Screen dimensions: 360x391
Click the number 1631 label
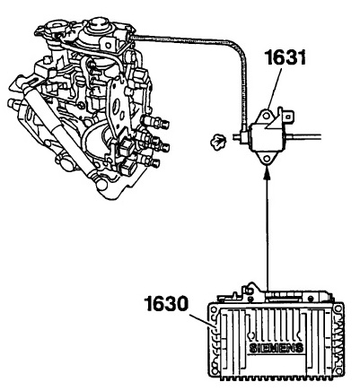(x=285, y=57)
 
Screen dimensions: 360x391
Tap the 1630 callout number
(x=167, y=304)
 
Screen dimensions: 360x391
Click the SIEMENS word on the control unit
(x=277, y=348)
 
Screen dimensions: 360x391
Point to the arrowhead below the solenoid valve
(x=267, y=172)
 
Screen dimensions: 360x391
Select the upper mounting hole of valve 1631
(x=266, y=115)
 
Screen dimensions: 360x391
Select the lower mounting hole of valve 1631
(x=266, y=159)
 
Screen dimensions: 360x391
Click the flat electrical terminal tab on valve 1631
(x=288, y=115)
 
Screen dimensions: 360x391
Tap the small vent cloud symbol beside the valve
(x=217, y=142)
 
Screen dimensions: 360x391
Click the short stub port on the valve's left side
(x=239, y=137)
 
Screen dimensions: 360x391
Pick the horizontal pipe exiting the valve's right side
(x=304, y=137)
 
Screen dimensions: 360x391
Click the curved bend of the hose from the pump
(x=238, y=48)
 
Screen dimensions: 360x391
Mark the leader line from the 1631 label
(x=274, y=88)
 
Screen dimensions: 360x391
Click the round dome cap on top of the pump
(x=97, y=24)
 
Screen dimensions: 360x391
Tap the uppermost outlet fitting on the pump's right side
(x=155, y=122)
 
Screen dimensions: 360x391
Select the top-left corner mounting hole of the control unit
(x=213, y=308)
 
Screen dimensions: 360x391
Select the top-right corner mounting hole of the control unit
(x=338, y=308)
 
